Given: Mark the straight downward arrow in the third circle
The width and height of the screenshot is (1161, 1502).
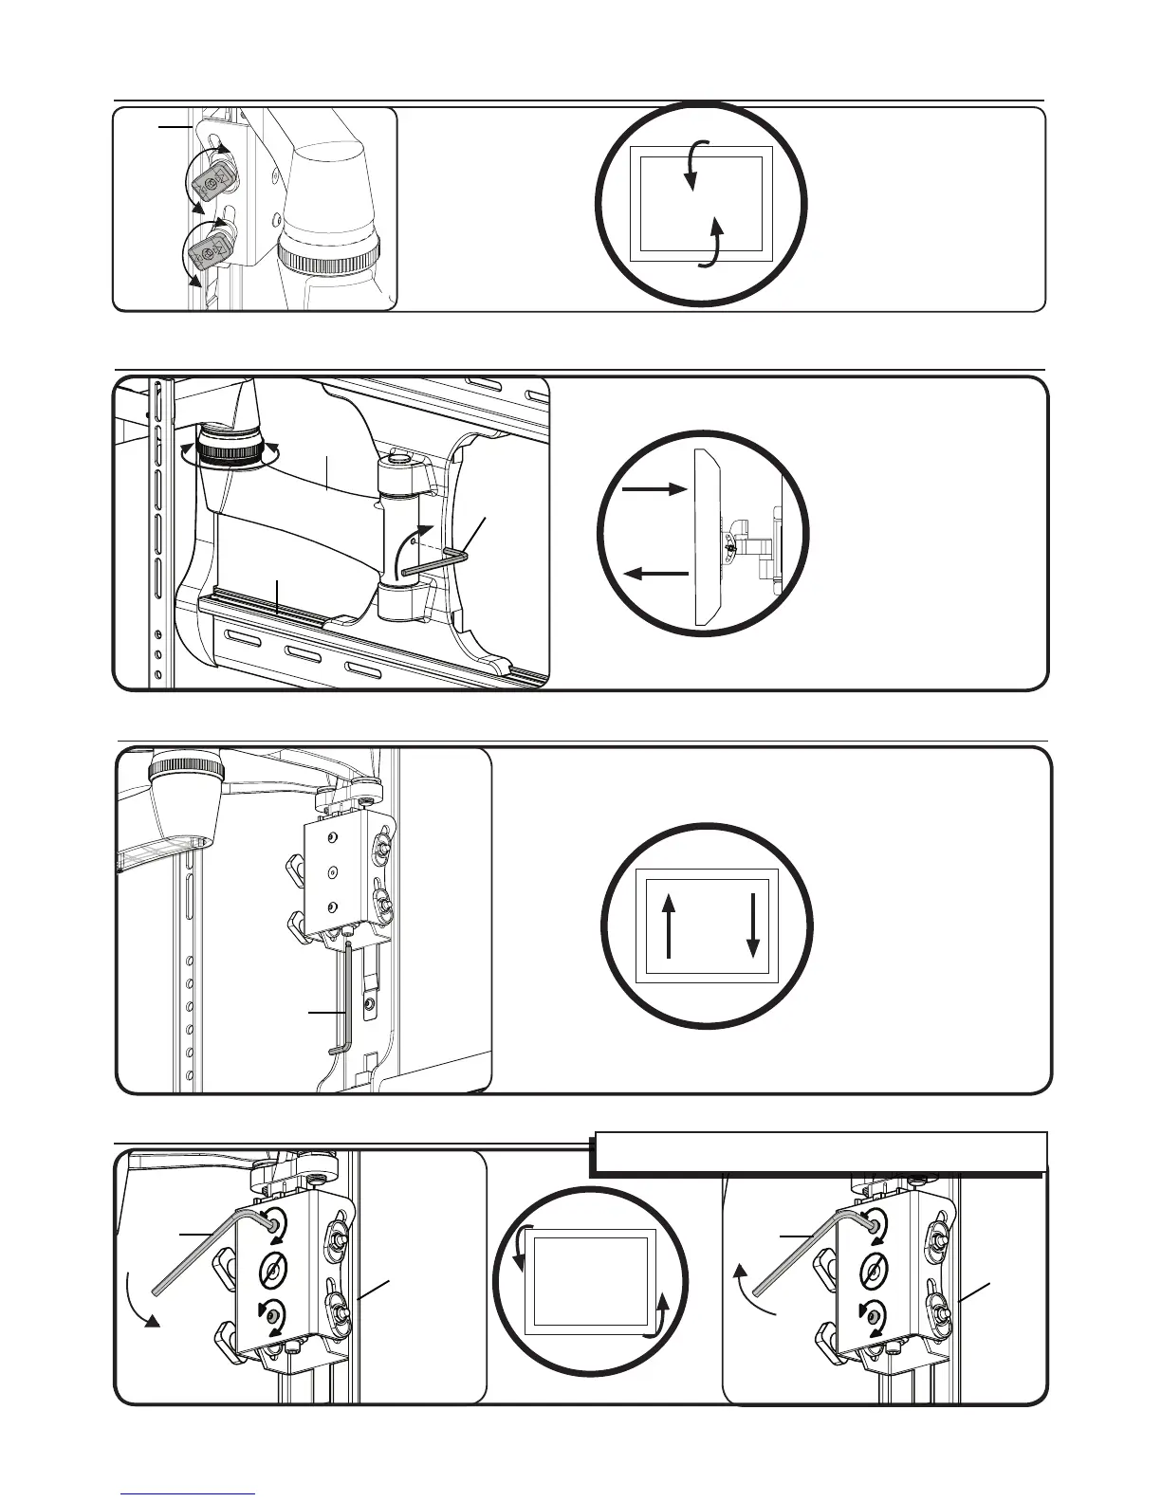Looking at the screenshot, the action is click(753, 925).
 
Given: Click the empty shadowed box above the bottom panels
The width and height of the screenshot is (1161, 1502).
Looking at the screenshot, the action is click(818, 1152).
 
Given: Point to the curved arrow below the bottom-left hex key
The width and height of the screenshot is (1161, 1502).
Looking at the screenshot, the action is click(140, 1304).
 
